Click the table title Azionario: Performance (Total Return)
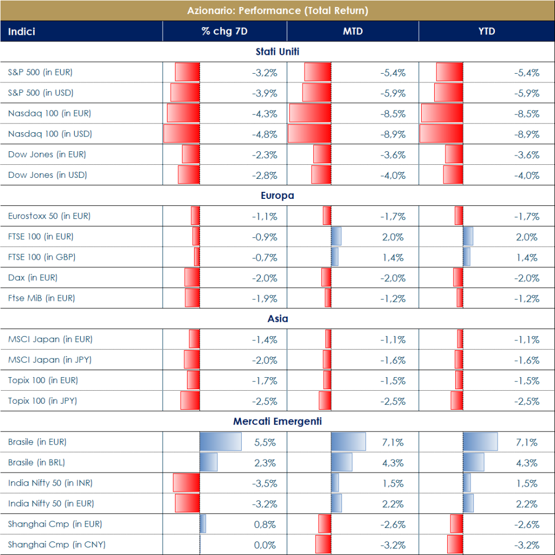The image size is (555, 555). (277, 10)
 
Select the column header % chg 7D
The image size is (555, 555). (224, 31)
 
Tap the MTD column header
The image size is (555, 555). (352, 31)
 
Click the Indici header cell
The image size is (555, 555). (22, 31)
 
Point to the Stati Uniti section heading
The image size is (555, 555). (277, 52)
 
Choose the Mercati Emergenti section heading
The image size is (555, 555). (277, 421)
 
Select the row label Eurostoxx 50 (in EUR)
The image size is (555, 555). (49, 216)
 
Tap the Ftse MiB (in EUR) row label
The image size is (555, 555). (42, 298)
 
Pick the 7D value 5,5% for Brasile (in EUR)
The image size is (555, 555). (265, 442)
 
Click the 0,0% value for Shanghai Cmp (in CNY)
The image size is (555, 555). (265, 545)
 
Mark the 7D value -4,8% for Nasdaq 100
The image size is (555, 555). (264, 134)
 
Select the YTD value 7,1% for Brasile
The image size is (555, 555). (527, 442)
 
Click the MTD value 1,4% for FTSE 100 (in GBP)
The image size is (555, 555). (393, 257)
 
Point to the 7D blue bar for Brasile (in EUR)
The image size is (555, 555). (221, 442)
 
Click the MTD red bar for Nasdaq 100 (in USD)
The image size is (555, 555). (309, 134)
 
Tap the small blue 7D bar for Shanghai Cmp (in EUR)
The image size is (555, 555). (203, 524)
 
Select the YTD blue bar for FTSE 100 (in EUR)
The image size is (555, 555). (468, 237)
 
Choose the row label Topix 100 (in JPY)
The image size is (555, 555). (42, 401)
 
